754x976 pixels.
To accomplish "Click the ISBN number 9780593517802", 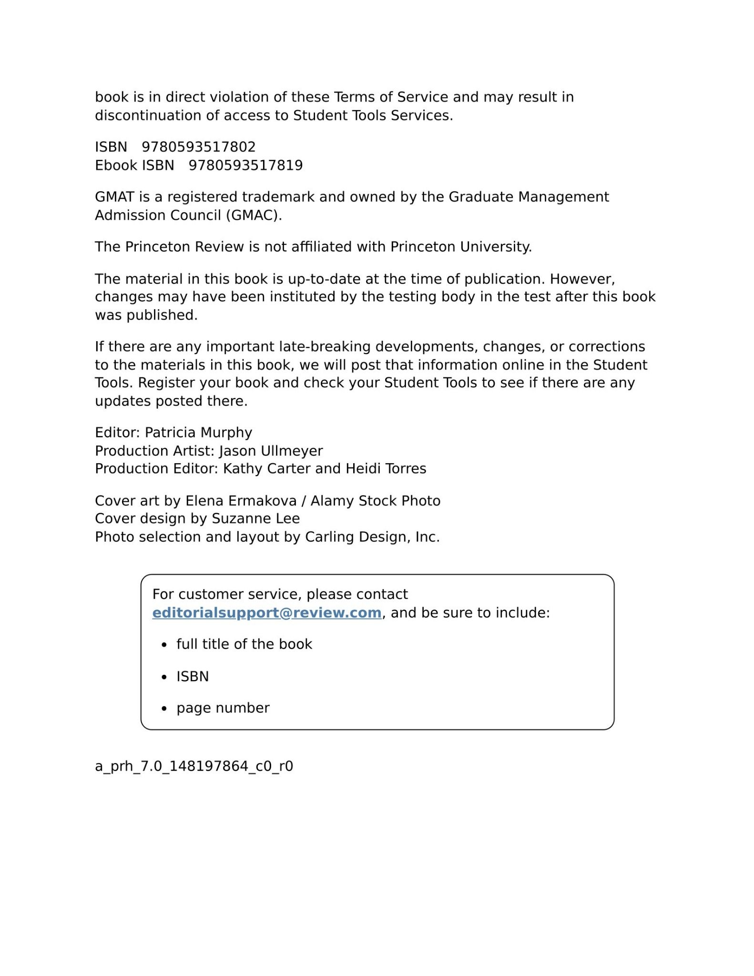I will (198, 147).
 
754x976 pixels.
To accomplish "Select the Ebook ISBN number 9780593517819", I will (245, 165).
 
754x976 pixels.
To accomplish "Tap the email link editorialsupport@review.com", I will (266, 613).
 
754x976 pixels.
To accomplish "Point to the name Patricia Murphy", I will (198, 433).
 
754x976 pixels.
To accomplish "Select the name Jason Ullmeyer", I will (271, 451).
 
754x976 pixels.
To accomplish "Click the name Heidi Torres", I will (386, 469).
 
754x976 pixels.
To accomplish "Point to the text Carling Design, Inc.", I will (372, 537).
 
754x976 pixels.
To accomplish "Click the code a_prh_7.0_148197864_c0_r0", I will (194, 766).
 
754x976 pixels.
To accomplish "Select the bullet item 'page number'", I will (223, 708).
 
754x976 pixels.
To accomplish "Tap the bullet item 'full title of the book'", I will (244, 644).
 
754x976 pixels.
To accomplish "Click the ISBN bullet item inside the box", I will (193, 677).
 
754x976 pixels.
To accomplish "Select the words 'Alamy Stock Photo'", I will (376, 501).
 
